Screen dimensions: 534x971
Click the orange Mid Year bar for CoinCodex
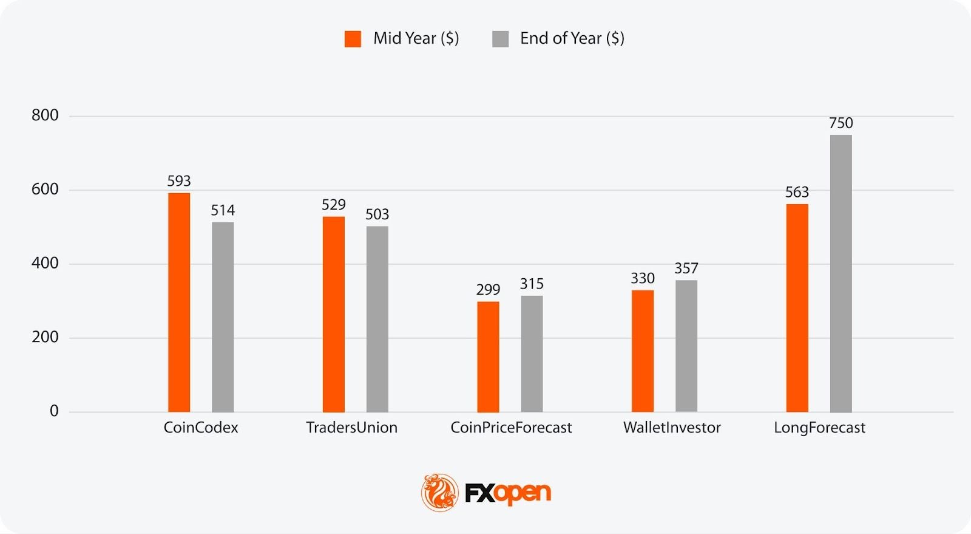[179, 303]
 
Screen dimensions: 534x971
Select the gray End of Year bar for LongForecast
[841, 273]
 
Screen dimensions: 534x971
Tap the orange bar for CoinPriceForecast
[488, 357]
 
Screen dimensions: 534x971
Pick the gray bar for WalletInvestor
[686, 346]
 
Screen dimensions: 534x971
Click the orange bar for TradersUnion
[333, 314]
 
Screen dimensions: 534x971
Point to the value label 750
[841, 123]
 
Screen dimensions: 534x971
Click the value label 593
[179, 181]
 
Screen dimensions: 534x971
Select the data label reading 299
[488, 290]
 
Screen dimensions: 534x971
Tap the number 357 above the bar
[686, 269]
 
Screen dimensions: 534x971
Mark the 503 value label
[377, 214]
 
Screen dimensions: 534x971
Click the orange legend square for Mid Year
[353, 39]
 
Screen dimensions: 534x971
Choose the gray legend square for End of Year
[500, 39]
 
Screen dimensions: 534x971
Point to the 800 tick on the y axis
[45, 115]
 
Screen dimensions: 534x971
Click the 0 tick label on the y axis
[54, 411]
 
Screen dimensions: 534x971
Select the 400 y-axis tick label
[45, 263]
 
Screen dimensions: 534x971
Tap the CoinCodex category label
[201, 428]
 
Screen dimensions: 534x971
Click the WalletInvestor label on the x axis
[672, 428]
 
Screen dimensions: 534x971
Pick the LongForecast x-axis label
[819, 428]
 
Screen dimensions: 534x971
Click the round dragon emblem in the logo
[439, 492]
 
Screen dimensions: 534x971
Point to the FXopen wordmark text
[508, 493]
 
